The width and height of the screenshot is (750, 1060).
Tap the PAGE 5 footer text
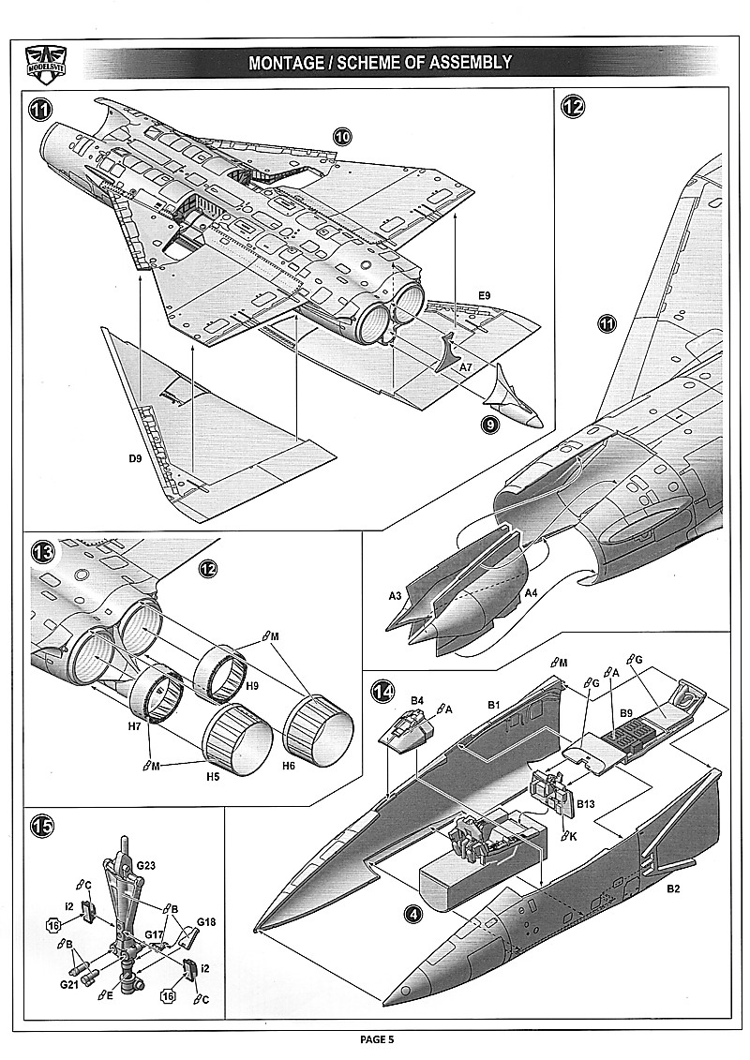click(x=377, y=1038)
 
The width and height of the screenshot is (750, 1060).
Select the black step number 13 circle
click(x=42, y=550)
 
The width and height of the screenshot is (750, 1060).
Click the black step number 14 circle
click(x=382, y=692)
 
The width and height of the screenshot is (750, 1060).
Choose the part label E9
click(x=484, y=296)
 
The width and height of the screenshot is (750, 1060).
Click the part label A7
click(x=466, y=368)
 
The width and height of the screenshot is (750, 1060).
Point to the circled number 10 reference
click(x=342, y=137)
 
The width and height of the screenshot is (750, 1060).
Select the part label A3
click(x=396, y=594)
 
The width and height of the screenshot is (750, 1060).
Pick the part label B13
click(x=587, y=803)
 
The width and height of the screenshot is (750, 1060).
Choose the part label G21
click(x=69, y=986)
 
